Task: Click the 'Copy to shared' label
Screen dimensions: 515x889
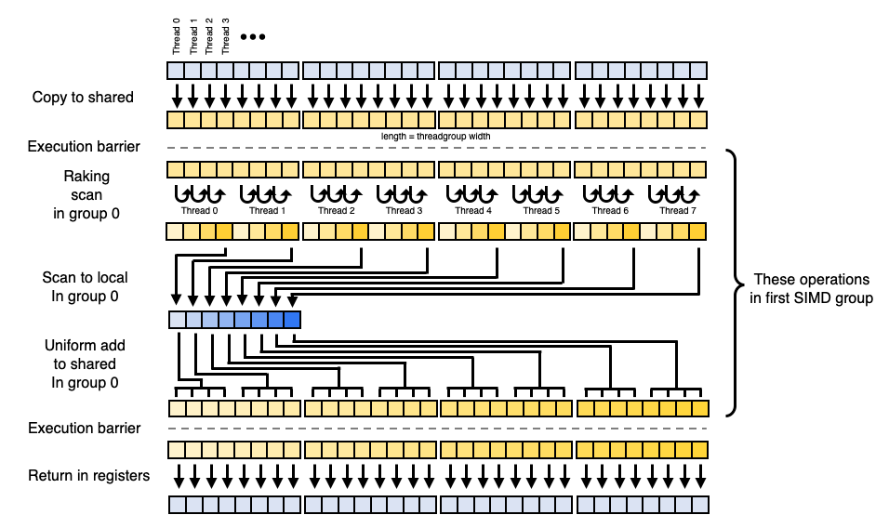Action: [83, 97]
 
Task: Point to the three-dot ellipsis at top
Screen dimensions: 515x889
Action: [253, 37]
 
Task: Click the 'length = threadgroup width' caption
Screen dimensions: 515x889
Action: [436, 136]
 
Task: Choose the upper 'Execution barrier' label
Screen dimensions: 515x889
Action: [84, 147]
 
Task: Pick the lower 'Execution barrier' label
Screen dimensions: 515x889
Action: [84, 428]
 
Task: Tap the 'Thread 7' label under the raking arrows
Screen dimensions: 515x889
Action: [674, 211]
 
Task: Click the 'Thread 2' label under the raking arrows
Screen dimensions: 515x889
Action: [336, 211]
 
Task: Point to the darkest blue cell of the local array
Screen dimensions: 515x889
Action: [292, 320]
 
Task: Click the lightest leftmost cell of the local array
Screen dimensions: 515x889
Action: [177, 320]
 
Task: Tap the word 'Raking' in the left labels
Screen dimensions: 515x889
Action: [86, 176]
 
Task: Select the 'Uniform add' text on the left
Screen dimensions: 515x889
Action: [84, 346]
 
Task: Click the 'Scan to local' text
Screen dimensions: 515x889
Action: [85, 277]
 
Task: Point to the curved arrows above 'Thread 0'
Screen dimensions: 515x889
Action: [200, 193]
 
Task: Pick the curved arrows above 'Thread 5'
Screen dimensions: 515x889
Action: [538, 193]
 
